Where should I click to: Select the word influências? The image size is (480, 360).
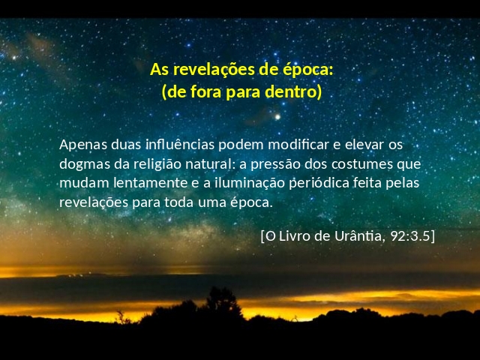click(x=180, y=145)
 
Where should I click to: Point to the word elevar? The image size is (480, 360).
click(x=364, y=145)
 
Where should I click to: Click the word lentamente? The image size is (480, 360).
click(x=150, y=183)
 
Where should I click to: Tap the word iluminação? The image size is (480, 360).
click(x=250, y=183)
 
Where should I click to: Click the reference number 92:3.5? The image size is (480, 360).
click(x=410, y=236)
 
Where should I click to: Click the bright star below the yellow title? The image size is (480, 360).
click(x=277, y=117)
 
